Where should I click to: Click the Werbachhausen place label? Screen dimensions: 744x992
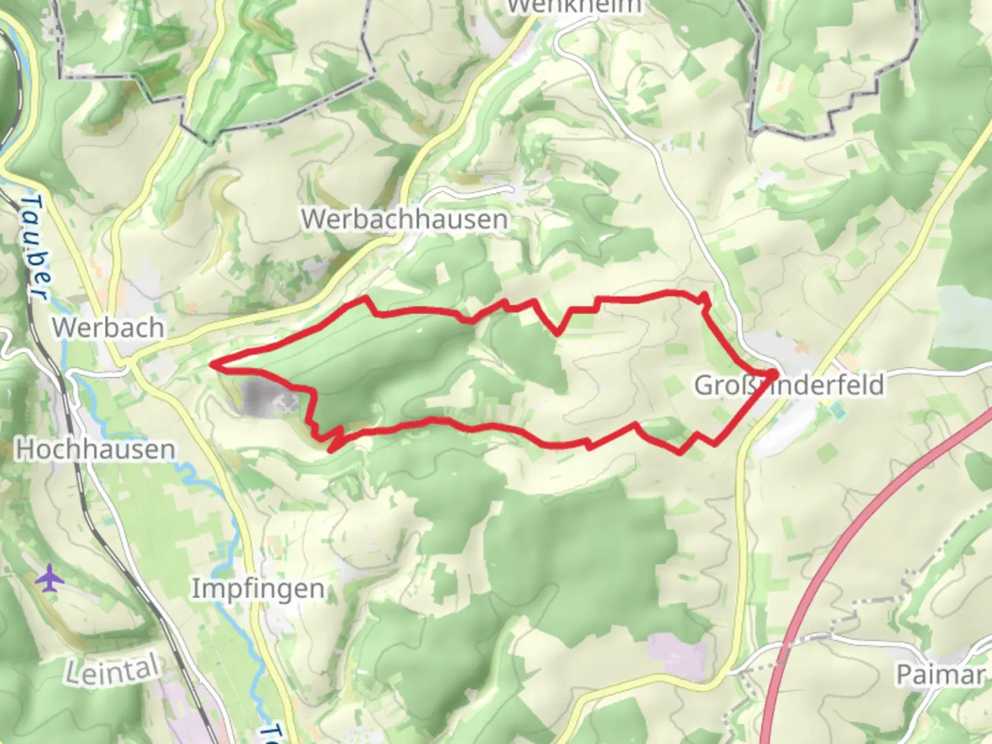click(x=405, y=219)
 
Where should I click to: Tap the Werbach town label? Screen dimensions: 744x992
click(x=108, y=327)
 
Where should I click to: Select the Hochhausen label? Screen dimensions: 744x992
click(x=95, y=449)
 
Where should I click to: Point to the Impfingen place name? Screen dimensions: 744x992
click(x=258, y=589)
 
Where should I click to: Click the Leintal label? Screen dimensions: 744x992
click(x=112, y=670)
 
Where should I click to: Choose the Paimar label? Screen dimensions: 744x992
click(x=940, y=674)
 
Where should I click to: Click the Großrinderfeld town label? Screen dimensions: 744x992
click(x=789, y=385)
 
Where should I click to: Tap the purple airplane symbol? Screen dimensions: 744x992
click(x=49, y=578)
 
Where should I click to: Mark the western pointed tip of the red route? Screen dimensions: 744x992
click(x=213, y=364)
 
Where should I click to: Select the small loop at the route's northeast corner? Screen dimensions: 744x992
click(x=704, y=298)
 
